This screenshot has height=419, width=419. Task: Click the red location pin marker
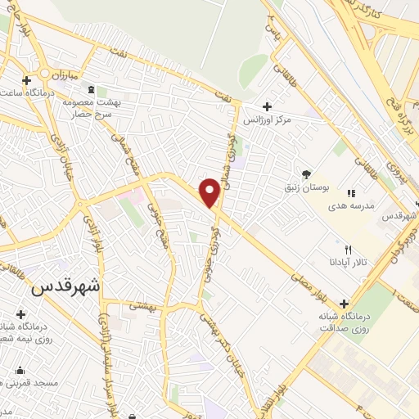coord(210,192)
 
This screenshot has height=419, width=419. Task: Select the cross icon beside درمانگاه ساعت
coord(28,80)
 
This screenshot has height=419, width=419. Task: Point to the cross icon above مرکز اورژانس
coord(267,106)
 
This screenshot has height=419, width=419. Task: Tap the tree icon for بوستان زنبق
coord(306,173)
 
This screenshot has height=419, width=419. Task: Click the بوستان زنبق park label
coord(305,188)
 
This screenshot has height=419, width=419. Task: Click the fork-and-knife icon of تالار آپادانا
coord(349,250)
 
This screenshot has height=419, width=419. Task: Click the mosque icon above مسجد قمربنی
coord(20,370)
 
